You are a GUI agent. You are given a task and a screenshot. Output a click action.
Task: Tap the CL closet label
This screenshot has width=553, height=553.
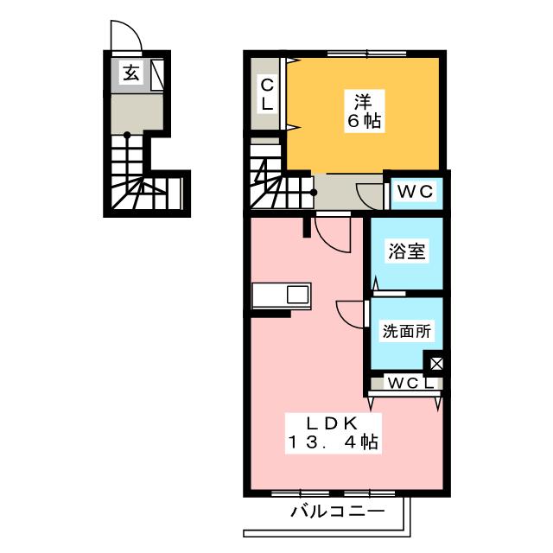click(267, 93)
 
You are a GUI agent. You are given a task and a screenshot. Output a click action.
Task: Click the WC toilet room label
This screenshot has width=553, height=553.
click(414, 190)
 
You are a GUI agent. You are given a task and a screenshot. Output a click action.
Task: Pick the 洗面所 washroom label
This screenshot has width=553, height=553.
click(405, 331)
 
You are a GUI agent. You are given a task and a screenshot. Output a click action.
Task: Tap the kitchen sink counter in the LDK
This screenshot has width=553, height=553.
click(282, 295)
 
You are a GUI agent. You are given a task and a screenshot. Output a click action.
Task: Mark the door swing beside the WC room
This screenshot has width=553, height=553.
click(370, 195)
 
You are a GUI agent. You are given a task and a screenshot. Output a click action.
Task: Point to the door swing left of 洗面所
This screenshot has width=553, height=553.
click(350, 312)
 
